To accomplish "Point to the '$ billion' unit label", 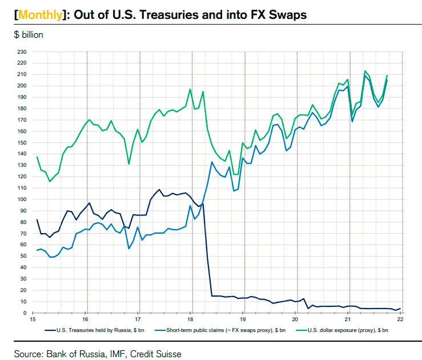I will click(x=29, y=34).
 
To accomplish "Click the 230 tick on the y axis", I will click(x=22, y=52).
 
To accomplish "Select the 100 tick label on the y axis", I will click(x=22, y=199).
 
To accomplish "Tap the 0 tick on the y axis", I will click(x=26, y=313).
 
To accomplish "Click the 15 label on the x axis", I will click(x=34, y=320).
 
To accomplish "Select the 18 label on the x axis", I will click(x=191, y=320).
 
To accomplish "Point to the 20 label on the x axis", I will click(x=296, y=320).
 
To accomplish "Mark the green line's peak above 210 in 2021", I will click(x=365, y=71).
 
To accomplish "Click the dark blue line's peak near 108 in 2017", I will click(x=159, y=190).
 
